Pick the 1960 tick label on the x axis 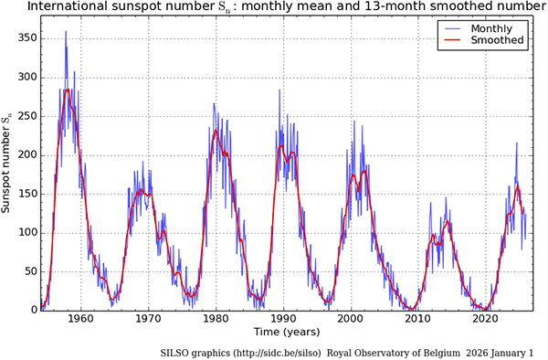[80, 321]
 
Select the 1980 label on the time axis [216, 321]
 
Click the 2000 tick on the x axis [350, 321]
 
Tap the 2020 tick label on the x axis [484, 321]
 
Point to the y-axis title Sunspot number [8, 164]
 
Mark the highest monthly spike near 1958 [65, 32]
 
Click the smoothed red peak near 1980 [216, 130]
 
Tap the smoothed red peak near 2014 [447, 221]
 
